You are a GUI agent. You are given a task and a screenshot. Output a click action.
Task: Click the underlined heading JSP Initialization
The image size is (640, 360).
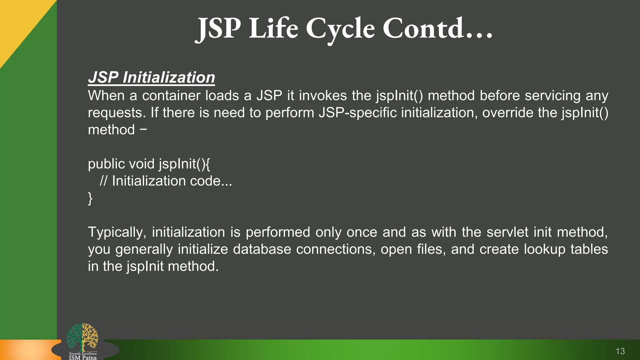pyautogui.click(x=152, y=77)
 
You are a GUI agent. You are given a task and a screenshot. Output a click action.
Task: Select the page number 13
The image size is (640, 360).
pyautogui.click(x=620, y=351)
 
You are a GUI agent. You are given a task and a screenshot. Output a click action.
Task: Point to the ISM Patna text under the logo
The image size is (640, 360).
pyautogui.click(x=82, y=357)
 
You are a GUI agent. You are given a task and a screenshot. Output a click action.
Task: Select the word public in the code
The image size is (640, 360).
pyautogui.click(x=106, y=164)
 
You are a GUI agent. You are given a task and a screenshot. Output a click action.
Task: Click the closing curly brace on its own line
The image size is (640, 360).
pyautogui.click(x=90, y=198)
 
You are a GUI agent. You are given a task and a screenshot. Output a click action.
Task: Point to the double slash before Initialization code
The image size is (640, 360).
pyautogui.click(x=103, y=181)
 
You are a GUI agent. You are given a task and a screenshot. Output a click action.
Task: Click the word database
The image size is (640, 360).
pyautogui.click(x=262, y=249)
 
